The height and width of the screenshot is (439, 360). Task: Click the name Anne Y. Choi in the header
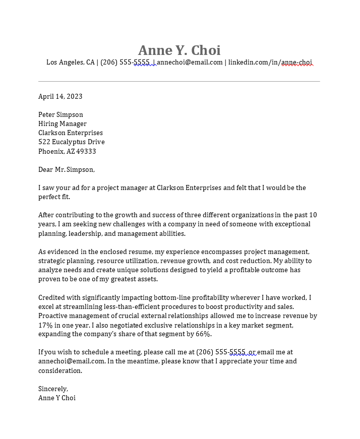click(x=179, y=50)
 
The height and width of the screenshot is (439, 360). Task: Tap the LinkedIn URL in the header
click(x=270, y=62)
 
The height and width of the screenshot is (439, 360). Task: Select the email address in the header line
click(x=190, y=62)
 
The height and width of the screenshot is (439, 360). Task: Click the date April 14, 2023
click(x=60, y=96)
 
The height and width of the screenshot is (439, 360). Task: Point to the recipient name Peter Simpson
click(x=61, y=114)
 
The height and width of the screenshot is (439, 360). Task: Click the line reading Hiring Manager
click(x=62, y=123)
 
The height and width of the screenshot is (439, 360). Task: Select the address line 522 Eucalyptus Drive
click(x=71, y=142)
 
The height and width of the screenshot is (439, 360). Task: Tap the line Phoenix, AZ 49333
click(x=67, y=151)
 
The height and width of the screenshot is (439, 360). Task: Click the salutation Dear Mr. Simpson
click(x=66, y=169)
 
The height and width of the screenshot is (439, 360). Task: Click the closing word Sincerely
click(x=53, y=389)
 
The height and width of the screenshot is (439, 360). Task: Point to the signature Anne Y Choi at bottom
click(x=56, y=398)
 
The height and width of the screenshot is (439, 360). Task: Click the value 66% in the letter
click(x=203, y=334)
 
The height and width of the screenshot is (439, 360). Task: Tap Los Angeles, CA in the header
click(x=70, y=62)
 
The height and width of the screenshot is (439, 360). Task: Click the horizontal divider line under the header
click(x=179, y=81)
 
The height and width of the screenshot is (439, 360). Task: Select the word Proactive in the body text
click(x=53, y=316)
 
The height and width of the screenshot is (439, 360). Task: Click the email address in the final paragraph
click(x=71, y=361)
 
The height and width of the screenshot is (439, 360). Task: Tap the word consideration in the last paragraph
click(x=59, y=370)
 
